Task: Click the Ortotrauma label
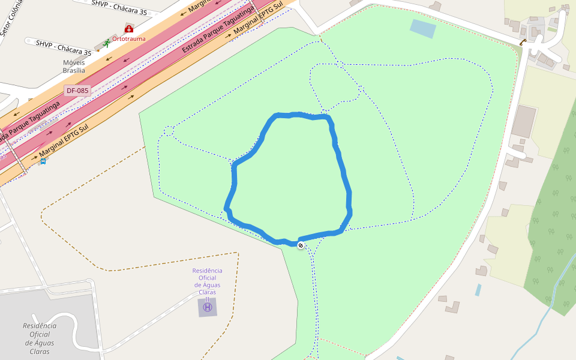tap(129, 38)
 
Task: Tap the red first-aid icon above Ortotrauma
tap(128, 29)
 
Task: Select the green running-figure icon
tap(107, 43)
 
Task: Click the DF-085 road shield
tap(77, 91)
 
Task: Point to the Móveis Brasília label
tap(74, 66)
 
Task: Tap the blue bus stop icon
tap(43, 161)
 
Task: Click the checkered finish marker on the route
tap(301, 245)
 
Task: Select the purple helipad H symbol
tap(208, 307)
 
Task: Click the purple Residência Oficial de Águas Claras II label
tap(207, 281)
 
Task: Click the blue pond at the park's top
tap(424, 28)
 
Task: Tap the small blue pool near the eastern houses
tap(478, 290)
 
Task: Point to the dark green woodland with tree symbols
tap(552, 228)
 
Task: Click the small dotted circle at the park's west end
tap(169, 130)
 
